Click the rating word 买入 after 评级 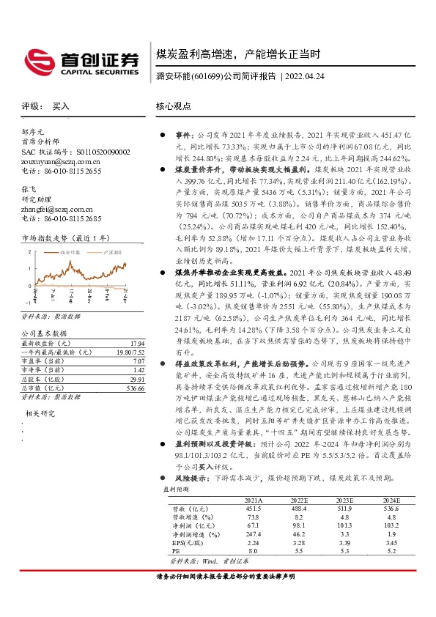[61, 106]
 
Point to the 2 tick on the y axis [29, 251]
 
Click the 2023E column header [344, 499]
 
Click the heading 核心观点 [172, 106]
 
